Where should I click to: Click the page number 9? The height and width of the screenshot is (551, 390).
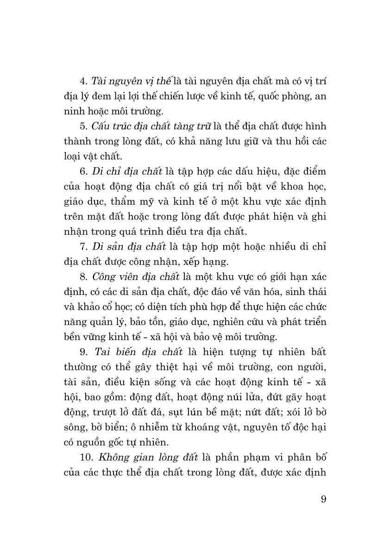(323, 499)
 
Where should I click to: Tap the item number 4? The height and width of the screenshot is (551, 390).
(83, 81)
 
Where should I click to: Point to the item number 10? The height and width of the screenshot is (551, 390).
(86, 457)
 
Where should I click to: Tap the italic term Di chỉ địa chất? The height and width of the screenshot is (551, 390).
(127, 171)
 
